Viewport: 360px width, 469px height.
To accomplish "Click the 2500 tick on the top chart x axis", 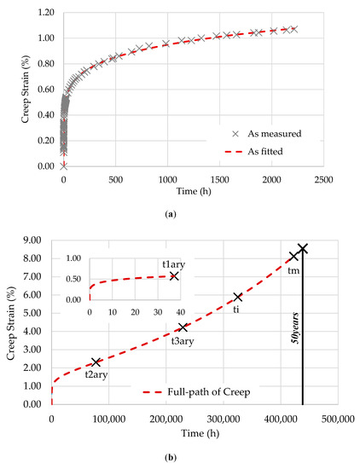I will coord(324,181).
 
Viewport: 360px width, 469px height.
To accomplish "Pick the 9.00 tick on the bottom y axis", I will coord(35,241).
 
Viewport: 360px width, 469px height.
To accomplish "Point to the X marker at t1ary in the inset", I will coord(173,276).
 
